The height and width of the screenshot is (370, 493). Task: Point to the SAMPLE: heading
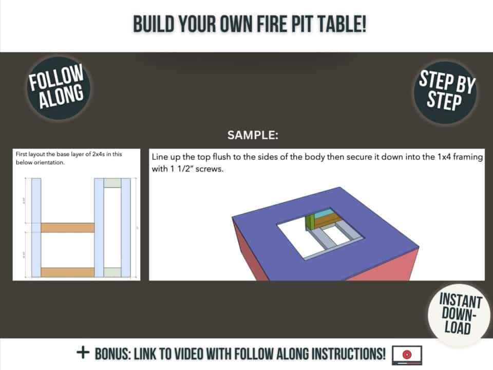[253, 136]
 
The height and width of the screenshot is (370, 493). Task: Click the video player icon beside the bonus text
[407, 354]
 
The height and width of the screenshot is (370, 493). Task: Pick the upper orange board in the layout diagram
[67, 227]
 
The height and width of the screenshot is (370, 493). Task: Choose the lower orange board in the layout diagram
[67, 272]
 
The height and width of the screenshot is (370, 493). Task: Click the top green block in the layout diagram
[112, 182]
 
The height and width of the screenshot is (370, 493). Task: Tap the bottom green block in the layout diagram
[112, 272]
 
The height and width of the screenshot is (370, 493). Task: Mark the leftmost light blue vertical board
[36, 227]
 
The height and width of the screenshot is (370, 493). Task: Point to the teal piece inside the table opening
[323, 214]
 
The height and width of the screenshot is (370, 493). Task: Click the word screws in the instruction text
[210, 169]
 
